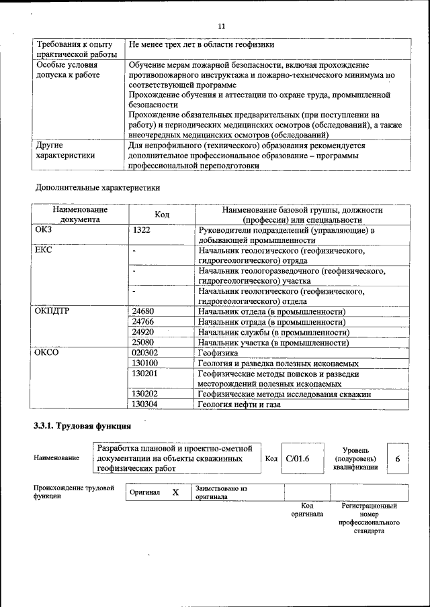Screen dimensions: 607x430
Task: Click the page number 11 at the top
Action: (x=221, y=25)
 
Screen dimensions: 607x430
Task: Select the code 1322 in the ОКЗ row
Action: (x=142, y=230)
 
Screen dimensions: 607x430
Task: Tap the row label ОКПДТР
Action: (x=52, y=311)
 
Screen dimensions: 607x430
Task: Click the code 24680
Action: (x=143, y=311)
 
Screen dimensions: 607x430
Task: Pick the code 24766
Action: (x=143, y=322)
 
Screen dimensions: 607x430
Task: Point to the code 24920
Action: (x=143, y=332)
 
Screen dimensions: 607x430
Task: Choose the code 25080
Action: (x=143, y=343)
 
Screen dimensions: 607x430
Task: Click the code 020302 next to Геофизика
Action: (x=145, y=353)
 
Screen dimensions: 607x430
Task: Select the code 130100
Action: (x=145, y=363)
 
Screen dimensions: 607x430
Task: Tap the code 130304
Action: (x=145, y=404)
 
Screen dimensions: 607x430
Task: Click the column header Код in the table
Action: (x=162, y=215)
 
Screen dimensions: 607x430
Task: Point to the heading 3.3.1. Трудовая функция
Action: (x=82, y=426)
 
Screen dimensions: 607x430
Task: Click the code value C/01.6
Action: (x=297, y=458)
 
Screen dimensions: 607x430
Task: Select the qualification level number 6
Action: (x=398, y=459)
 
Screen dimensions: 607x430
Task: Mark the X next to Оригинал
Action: (x=175, y=492)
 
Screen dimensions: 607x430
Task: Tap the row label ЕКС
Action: (x=44, y=250)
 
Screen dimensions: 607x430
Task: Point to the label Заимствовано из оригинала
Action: (x=222, y=493)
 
